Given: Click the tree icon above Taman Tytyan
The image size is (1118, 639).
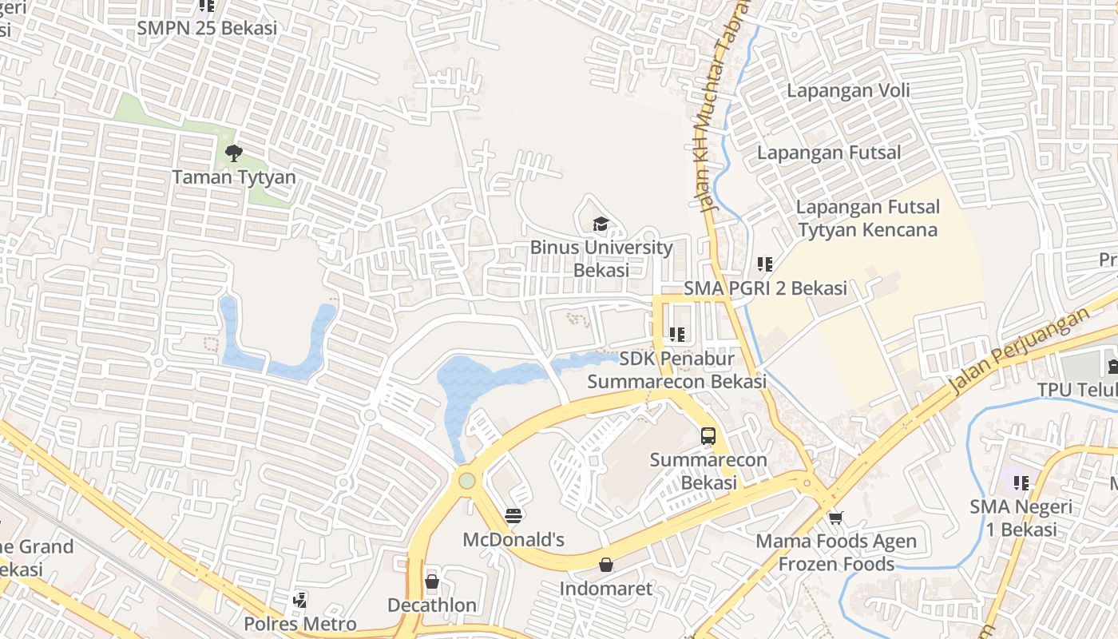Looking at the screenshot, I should click(233, 153).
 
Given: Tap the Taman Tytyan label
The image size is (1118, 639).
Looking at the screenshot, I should click(234, 177).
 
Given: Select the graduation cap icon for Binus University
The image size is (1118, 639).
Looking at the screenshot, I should click(601, 224).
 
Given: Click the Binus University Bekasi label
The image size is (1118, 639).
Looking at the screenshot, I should click(601, 258).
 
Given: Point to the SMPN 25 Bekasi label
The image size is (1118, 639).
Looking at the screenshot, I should click(207, 28).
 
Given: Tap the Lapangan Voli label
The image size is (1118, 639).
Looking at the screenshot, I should click(848, 90).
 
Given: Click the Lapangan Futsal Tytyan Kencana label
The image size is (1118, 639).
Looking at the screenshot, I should click(867, 219).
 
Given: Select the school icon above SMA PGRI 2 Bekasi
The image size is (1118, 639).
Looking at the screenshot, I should click(765, 264).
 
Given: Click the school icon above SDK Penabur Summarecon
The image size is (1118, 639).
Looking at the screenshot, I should click(677, 335).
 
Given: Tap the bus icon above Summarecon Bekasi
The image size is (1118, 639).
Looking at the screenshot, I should click(708, 436).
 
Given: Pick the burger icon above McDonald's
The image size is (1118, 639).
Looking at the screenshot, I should click(513, 515).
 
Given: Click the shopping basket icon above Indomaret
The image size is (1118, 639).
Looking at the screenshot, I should click(606, 566).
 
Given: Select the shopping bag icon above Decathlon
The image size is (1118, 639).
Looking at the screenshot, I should click(432, 581).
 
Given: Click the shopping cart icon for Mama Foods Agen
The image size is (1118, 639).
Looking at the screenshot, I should click(836, 518).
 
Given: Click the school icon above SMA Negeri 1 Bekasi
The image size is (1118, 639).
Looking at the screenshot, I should click(1021, 482).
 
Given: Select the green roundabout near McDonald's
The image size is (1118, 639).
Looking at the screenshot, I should click(467, 481).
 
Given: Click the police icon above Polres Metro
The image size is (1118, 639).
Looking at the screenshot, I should click(299, 599).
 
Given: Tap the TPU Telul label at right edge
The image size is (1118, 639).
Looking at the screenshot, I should click(1076, 389).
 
